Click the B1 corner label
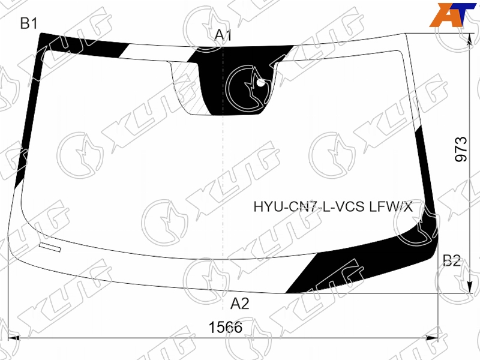click(29, 23)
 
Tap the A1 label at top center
click(223, 35)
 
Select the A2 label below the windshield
click(239, 304)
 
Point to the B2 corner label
click(452, 260)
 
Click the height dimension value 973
click(461, 149)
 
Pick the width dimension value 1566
click(226, 327)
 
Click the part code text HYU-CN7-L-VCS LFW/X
click(333, 207)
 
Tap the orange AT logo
click(452, 15)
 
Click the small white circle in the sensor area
click(261, 82)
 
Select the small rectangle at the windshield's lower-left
click(50, 247)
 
